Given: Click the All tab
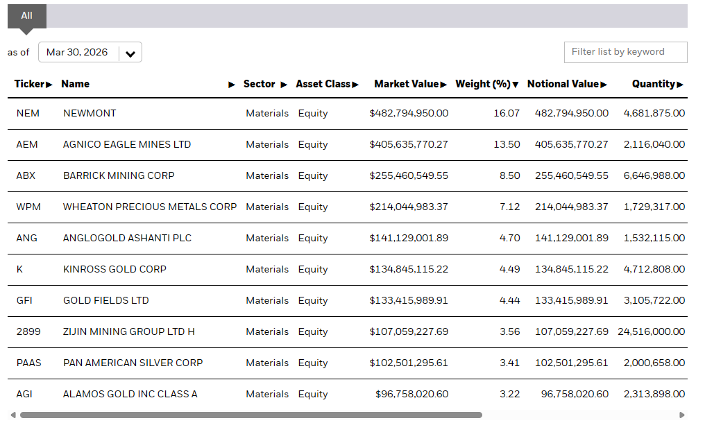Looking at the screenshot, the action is click(x=26, y=16).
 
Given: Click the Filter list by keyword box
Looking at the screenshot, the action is click(x=625, y=52).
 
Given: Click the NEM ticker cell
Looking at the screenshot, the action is click(x=28, y=113).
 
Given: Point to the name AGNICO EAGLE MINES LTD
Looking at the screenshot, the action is click(x=127, y=144).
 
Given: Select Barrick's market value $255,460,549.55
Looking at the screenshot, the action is click(x=409, y=175).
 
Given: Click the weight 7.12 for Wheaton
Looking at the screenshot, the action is click(x=509, y=207).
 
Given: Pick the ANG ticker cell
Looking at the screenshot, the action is click(x=26, y=239).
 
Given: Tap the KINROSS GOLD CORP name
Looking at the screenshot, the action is click(x=114, y=269).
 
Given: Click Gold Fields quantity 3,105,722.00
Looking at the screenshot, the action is click(x=654, y=300).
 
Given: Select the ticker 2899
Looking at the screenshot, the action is click(x=28, y=331).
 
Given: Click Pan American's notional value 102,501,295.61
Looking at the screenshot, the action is click(x=572, y=363).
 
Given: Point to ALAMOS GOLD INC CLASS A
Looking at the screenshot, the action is click(x=130, y=395).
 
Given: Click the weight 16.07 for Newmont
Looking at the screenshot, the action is click(x=507, y=113).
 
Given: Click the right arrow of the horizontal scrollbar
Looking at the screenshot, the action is click(x=682, y=415).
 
